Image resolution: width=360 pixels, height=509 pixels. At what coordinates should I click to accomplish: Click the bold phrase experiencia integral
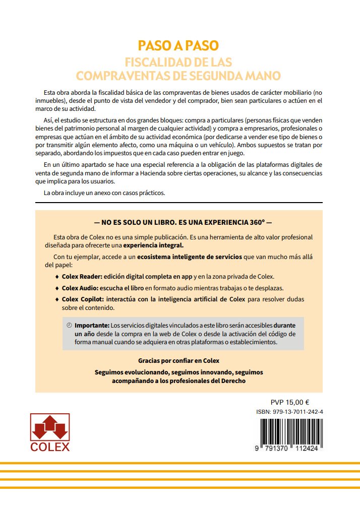153,245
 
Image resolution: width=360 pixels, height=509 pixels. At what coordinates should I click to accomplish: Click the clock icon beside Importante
69,326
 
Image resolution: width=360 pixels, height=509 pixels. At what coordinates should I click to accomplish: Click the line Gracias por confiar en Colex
178,361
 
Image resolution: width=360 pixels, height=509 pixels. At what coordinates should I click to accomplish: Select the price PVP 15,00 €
290,402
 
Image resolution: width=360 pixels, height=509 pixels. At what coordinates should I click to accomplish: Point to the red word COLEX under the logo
50,447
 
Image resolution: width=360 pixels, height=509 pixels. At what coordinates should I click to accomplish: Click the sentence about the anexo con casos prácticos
104,193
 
